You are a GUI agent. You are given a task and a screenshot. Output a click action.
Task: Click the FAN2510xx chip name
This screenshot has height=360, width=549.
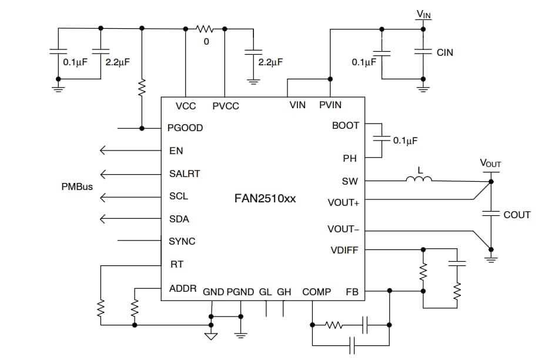(x=265, y=199)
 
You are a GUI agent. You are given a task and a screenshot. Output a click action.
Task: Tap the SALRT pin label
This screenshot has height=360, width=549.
(x=184, y=174)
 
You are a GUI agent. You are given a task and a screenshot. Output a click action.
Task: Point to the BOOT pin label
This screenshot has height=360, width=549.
(x=345, y=125)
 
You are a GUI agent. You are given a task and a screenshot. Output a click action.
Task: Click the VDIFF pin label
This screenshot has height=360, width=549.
(x=344, y=251)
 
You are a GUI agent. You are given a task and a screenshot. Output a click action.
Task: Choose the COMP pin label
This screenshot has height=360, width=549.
(x=316, y=292)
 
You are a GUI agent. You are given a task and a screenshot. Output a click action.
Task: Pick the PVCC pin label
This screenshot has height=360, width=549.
(x=225, y=106)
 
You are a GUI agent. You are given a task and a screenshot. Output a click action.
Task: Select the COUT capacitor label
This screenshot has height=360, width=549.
(x=517, y=215)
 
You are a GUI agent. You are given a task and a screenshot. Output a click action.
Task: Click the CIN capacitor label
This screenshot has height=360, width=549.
(x=445, y=52)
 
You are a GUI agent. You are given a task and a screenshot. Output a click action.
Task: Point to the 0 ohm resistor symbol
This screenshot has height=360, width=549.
(x=205, y=28)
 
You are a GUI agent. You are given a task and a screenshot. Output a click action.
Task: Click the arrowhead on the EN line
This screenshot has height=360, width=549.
(x=104, y=151)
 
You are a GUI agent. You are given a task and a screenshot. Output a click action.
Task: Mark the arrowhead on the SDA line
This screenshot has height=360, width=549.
(x=104, y=219)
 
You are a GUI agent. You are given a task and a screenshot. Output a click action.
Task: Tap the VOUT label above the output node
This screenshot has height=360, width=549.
(x=490, y=164)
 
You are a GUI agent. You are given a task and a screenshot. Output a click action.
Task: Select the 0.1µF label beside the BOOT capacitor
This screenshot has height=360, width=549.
(x=405, y=141)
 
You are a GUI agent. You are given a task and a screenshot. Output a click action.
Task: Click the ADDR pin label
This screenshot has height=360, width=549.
(x=183, y=289)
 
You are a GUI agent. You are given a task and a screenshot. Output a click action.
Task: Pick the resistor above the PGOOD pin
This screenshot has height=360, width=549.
(x=142, y=88)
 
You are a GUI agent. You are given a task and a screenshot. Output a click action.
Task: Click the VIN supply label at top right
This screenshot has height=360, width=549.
(x=423, y=14)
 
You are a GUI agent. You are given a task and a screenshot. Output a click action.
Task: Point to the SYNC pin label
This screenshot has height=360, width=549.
(x=182, y=241)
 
